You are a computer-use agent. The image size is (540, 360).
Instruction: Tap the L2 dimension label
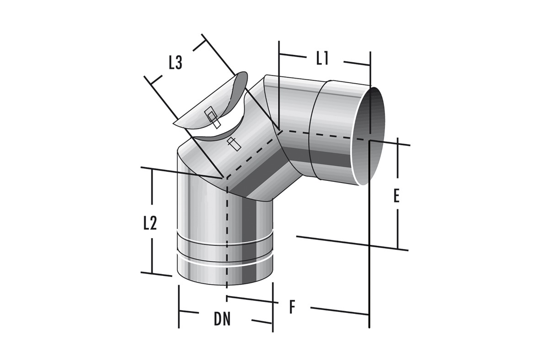(x=150, y=224)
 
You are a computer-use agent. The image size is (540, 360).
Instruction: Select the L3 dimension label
(x=175, y=63)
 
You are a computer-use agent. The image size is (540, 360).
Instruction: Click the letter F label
(x=292, y=307)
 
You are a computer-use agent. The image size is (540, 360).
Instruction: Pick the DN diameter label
(x=222, y=319)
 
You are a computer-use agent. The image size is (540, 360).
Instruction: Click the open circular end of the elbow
(x=368, y=136)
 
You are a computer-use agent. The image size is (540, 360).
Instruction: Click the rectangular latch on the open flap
(x=212, y=117)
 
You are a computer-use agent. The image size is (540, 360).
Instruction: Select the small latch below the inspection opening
(x=234, y=144)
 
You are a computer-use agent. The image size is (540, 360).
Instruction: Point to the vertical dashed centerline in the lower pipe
(x=227, y=233)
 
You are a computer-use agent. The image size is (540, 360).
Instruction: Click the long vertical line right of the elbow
(x=369, y=190)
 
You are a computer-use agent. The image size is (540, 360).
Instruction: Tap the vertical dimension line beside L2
(x=152, y=221)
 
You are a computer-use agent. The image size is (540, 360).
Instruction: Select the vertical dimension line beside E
(x=398, y=193)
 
